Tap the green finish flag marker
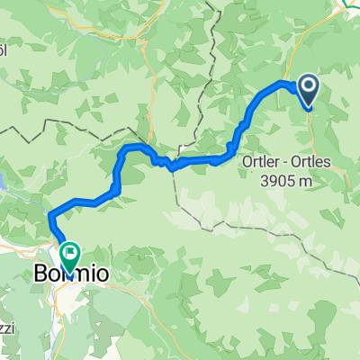click(68, 255)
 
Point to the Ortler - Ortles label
click(288, 163)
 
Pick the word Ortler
click(260, 163)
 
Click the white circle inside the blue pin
click(308, 85)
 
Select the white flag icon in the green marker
click(69, 253)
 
